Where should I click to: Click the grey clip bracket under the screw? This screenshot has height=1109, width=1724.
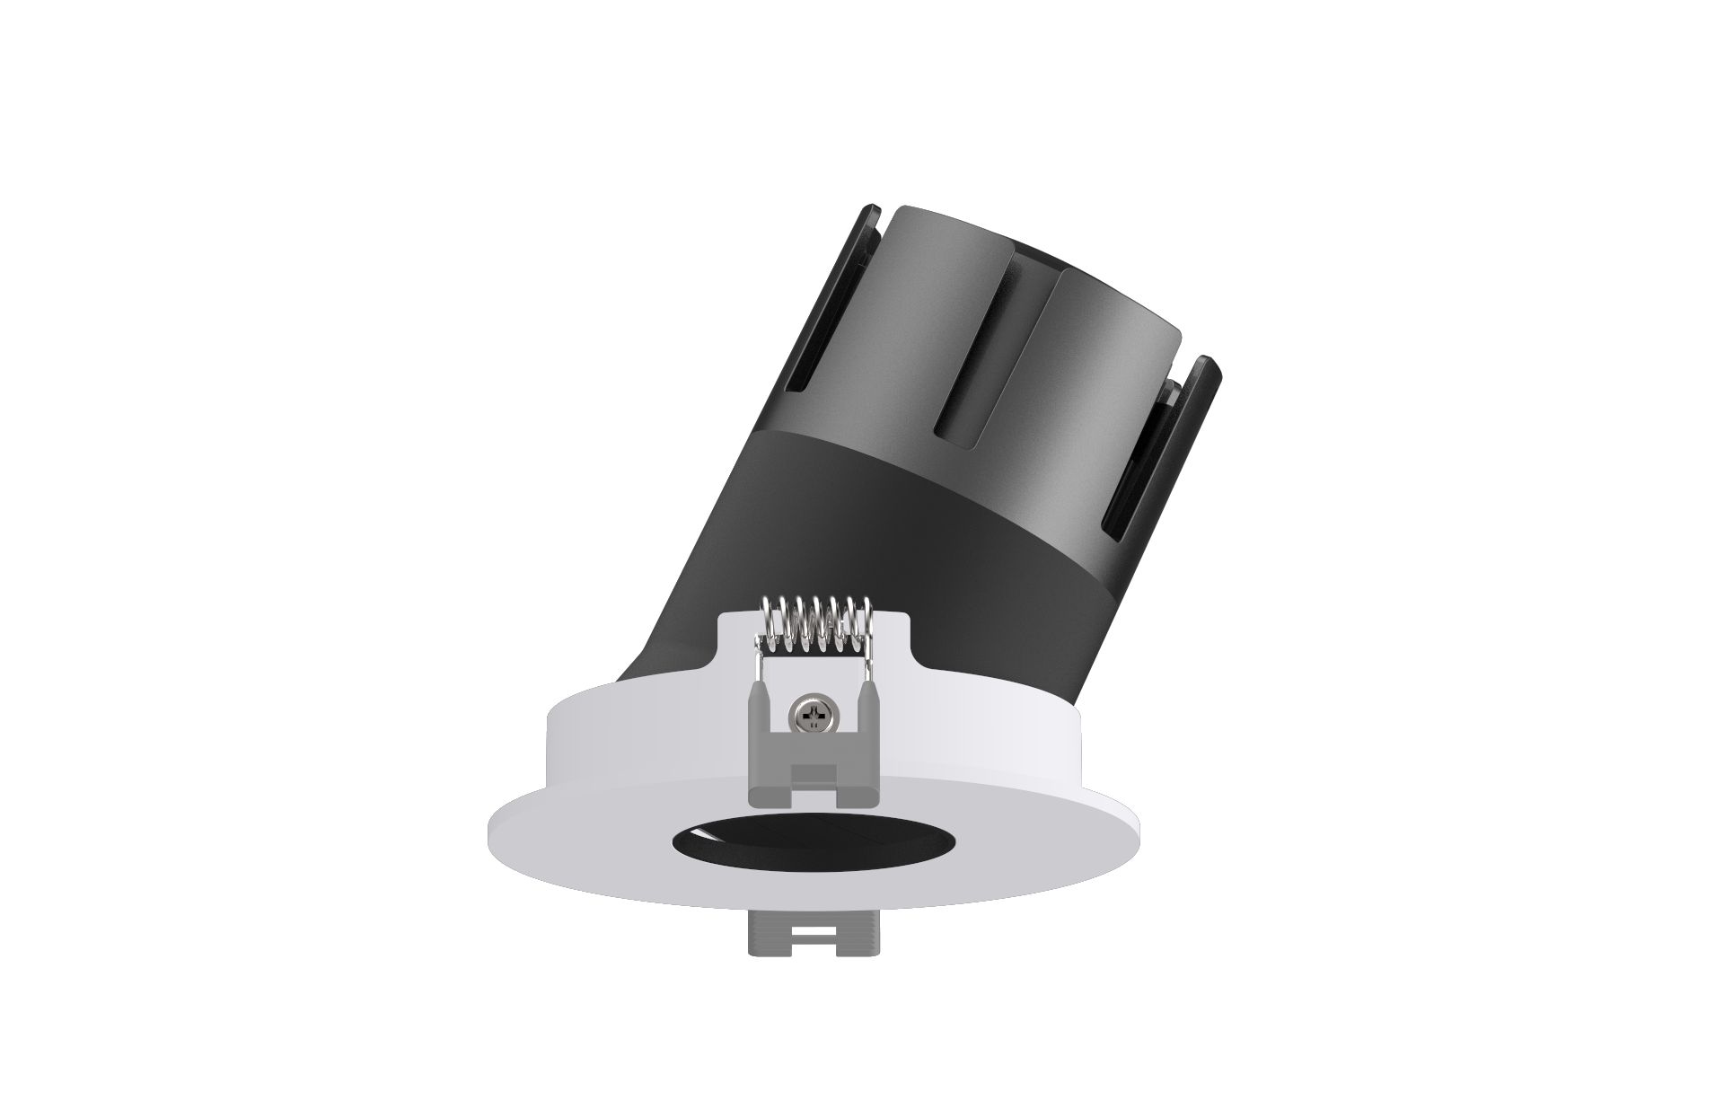(814, 763)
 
